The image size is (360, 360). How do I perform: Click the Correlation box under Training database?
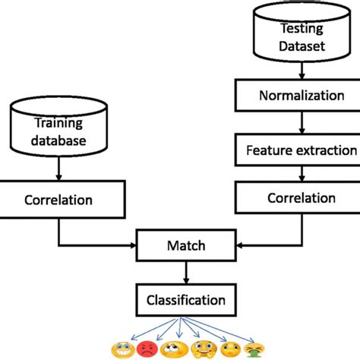click(x=59, y=201)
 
